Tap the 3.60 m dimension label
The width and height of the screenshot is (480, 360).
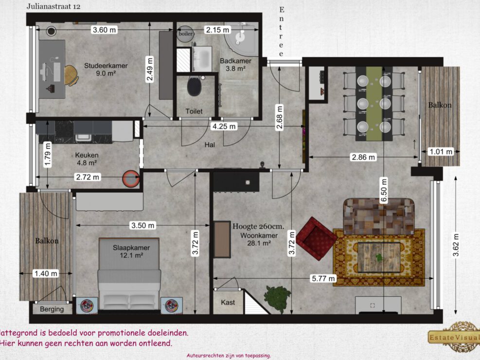pos(105,30)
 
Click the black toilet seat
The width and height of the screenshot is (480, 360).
pos(195,87)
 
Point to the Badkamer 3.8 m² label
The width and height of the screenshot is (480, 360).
pos(235,65)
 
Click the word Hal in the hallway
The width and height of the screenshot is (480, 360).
pos(210,144)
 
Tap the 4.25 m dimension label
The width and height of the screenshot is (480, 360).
pos(224,126)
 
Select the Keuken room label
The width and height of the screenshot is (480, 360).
pos(86,155)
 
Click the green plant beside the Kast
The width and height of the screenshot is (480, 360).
pos(278,297)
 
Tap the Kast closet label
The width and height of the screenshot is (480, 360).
pos(228,302)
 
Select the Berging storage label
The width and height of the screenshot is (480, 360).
pos(52,309)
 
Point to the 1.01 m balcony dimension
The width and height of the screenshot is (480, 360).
pos(441,152)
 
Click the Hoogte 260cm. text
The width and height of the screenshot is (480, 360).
pos(258,226)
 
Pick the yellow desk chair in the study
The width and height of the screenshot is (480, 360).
pos(71,75)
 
